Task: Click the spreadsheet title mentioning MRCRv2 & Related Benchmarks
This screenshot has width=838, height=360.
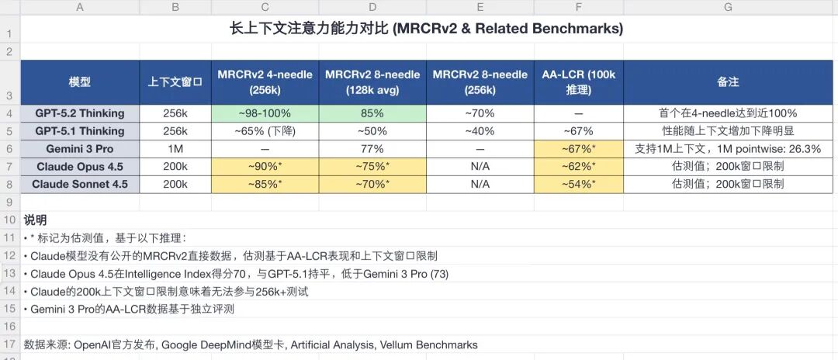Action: (x=426, y=29)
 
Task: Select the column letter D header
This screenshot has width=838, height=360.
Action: (x=372, y=7)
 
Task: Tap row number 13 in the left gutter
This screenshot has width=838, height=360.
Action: (x=9, y=273)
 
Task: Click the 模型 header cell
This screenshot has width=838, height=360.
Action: (x=79, y=81)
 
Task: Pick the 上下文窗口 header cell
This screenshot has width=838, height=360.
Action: (x=175, y=81)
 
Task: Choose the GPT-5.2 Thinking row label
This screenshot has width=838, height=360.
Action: (x=79, y=112)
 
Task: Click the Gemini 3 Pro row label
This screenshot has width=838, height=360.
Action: (x=79, y=148)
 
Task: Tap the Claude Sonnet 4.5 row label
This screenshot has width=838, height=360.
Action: (x=79, y=184)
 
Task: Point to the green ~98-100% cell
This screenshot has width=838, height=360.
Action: (x=265, y=112)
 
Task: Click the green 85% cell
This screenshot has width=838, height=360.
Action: (x=372, y=112)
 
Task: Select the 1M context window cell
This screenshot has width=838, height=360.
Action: (x=175, y=148)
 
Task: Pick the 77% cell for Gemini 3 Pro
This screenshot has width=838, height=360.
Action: (x=372, y=148)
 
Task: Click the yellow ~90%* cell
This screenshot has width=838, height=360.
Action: (x=265, y=166)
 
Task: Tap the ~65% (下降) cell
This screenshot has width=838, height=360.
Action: (x=265, y=130)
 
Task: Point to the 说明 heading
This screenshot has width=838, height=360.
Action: (x=36, y=220)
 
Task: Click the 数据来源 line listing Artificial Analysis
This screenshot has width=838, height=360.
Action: (x=251, y=344)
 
